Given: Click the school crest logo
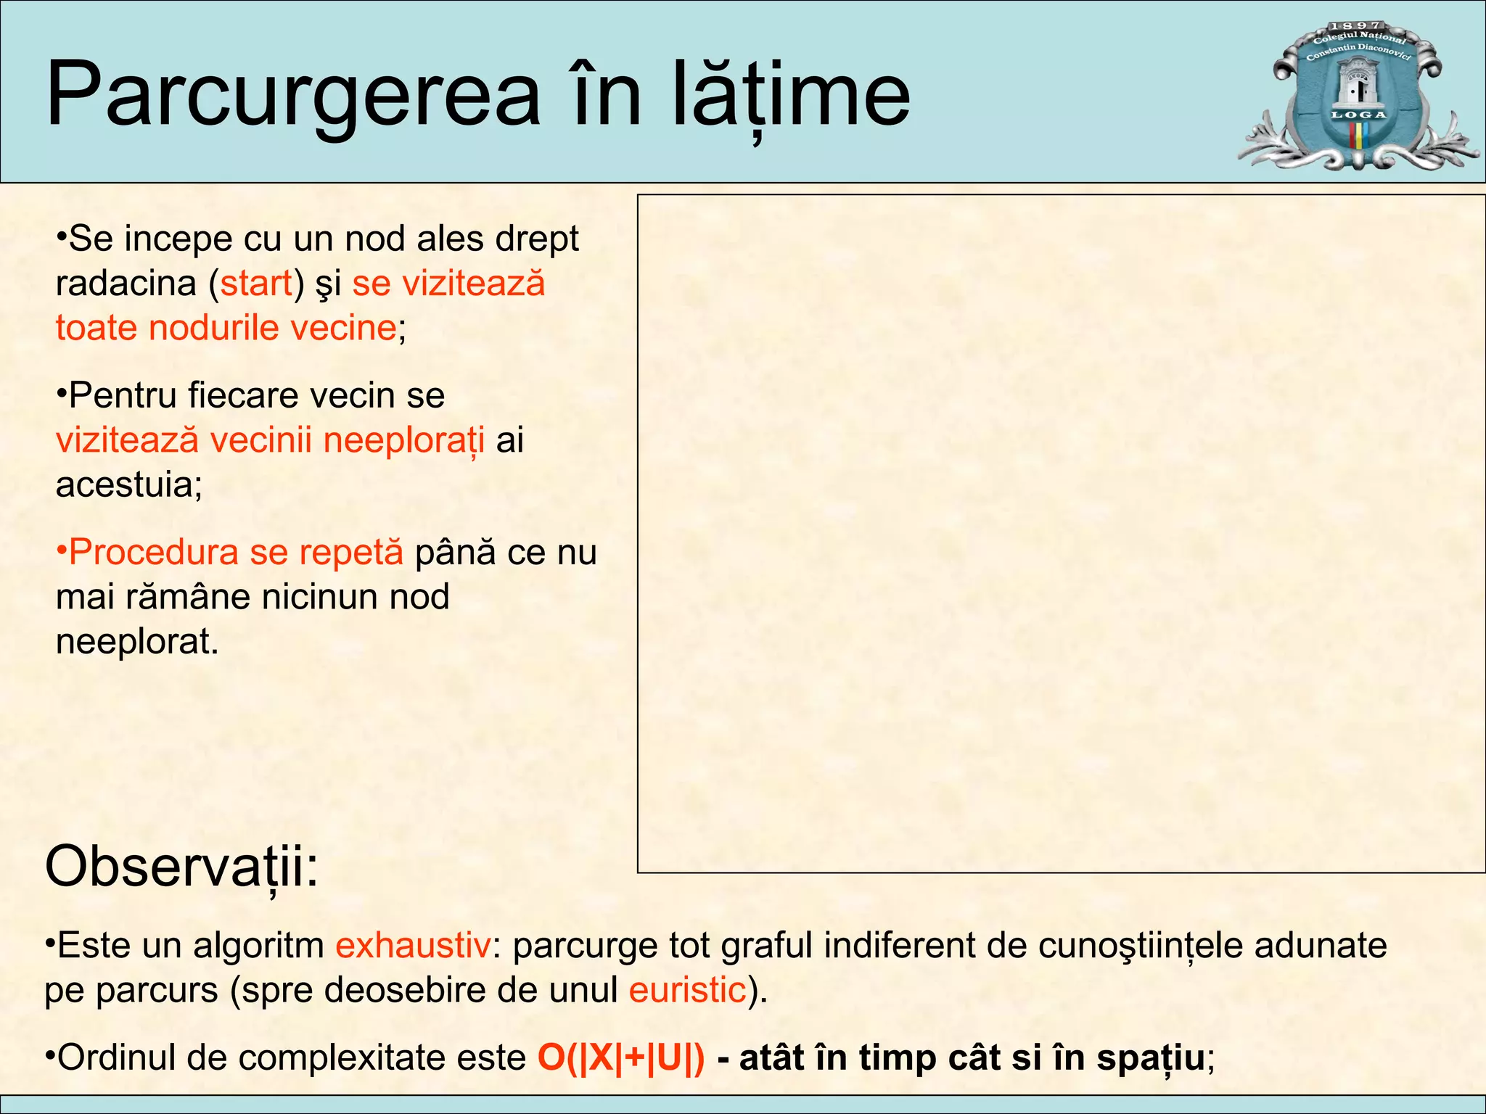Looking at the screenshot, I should click(1358, 95).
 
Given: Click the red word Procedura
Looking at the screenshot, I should click(152, 553).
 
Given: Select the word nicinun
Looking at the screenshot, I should click(320, 597).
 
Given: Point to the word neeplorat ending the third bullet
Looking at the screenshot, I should click(136, 641).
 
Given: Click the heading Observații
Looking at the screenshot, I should click(181, 867).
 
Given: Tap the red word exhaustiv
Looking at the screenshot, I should click(413, 946).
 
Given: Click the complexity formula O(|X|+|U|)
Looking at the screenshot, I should click(621, 1057).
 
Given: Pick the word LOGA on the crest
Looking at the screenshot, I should click(1358, 115).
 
